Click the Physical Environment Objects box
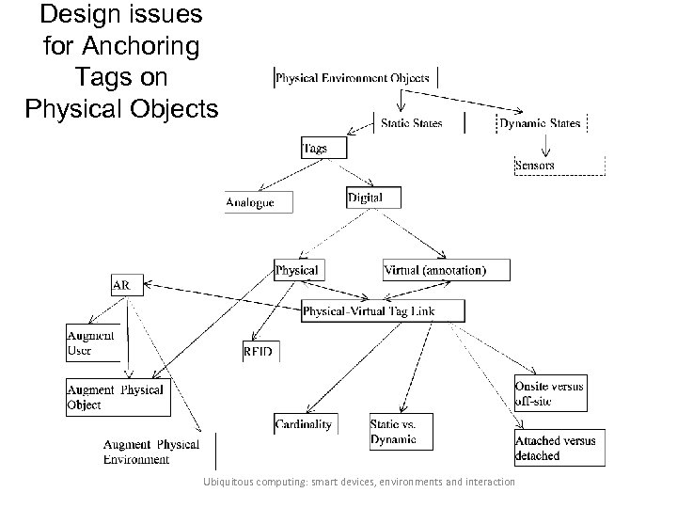tap(353, 78)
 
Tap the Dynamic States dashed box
tap(540, 122)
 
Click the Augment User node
tap(92, 343)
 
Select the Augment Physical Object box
tap(118, 397)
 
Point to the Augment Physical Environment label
tap(150, 452)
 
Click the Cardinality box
tap(305, 424)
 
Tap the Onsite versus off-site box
tap(549, 393)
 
